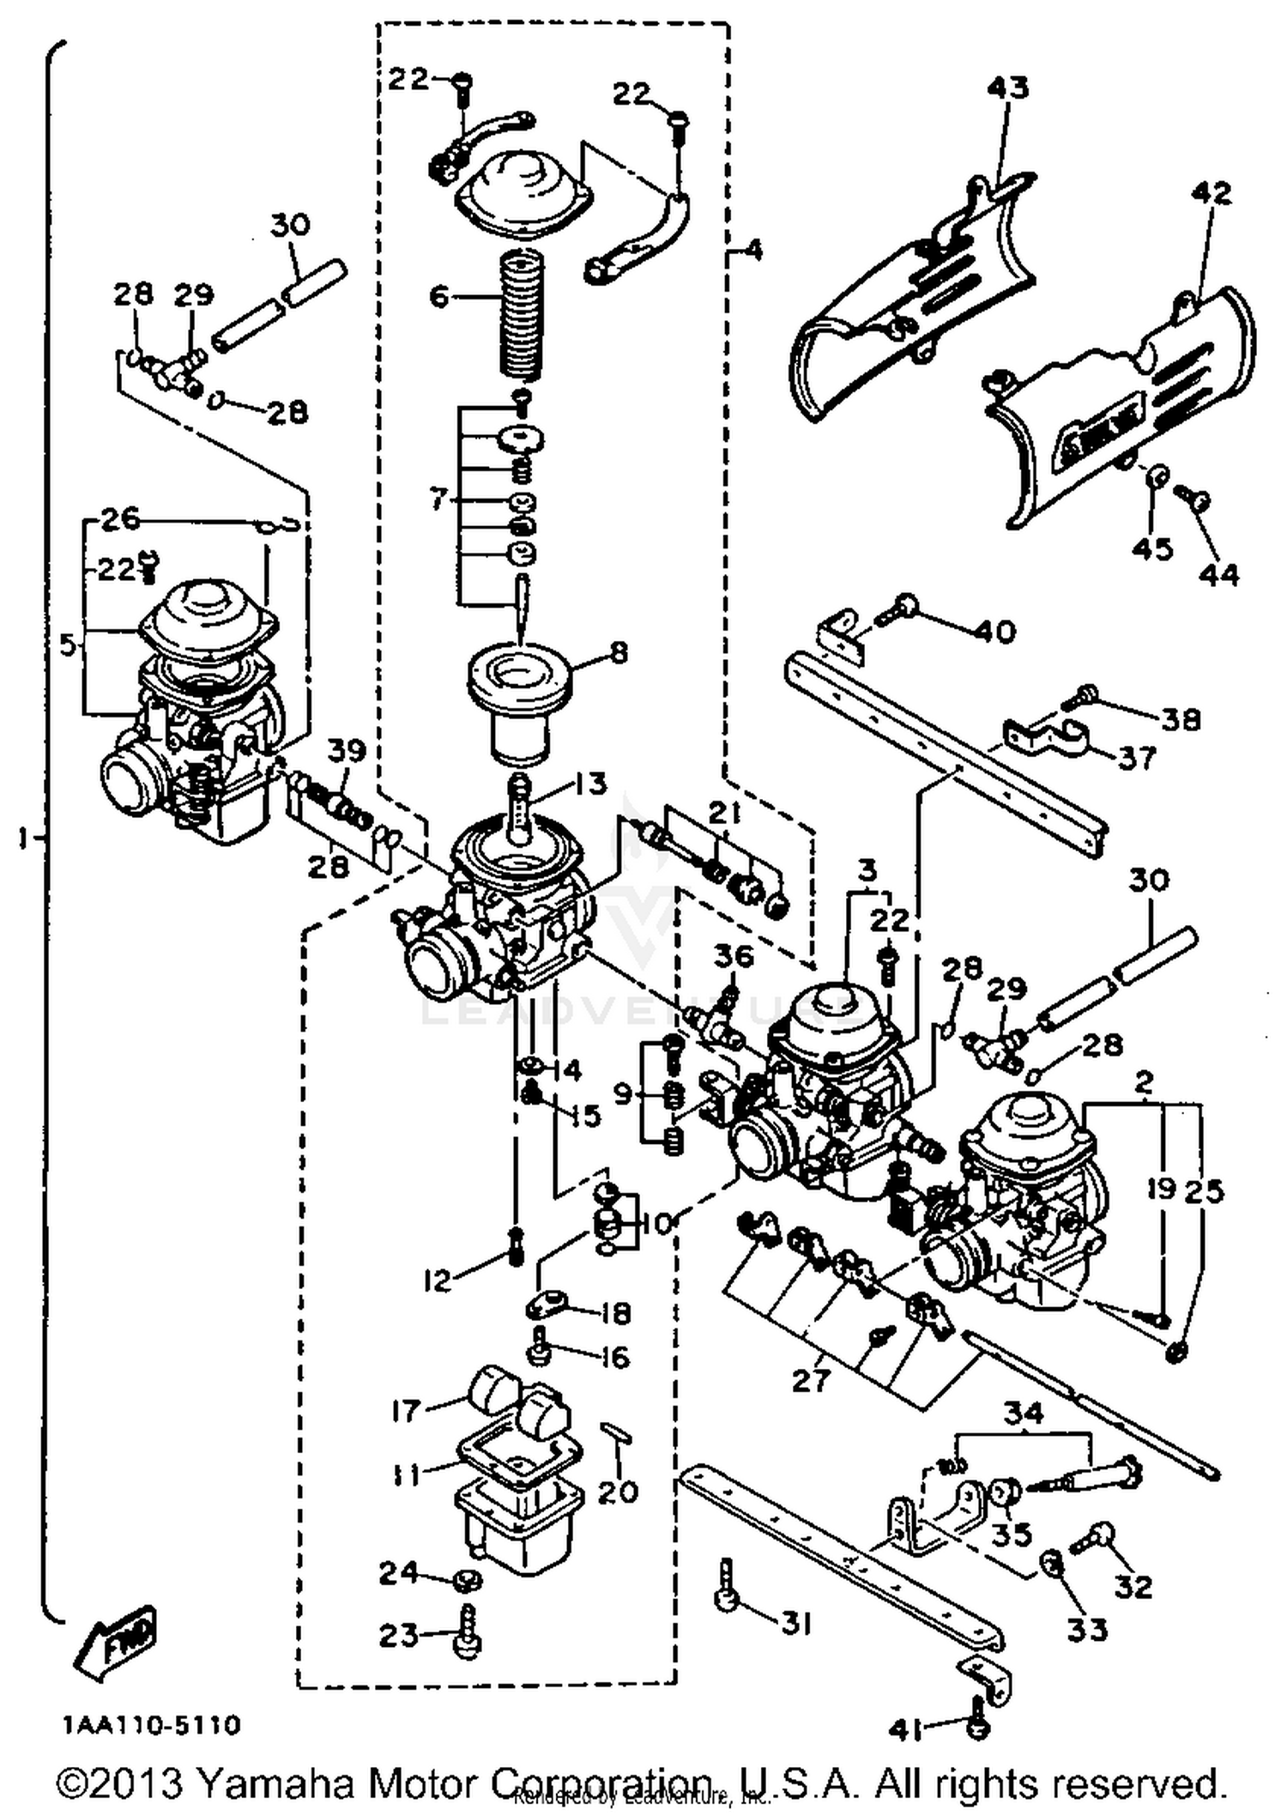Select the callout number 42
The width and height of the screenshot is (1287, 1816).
point(1210,192)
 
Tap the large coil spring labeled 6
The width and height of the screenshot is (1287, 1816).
point(521,315)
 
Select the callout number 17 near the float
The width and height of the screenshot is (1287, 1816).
point(407,1410)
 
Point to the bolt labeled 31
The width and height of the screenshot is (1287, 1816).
point(724,1590)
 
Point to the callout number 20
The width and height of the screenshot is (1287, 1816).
point(618,1492)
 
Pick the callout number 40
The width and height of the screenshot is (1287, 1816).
point(994,633)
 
